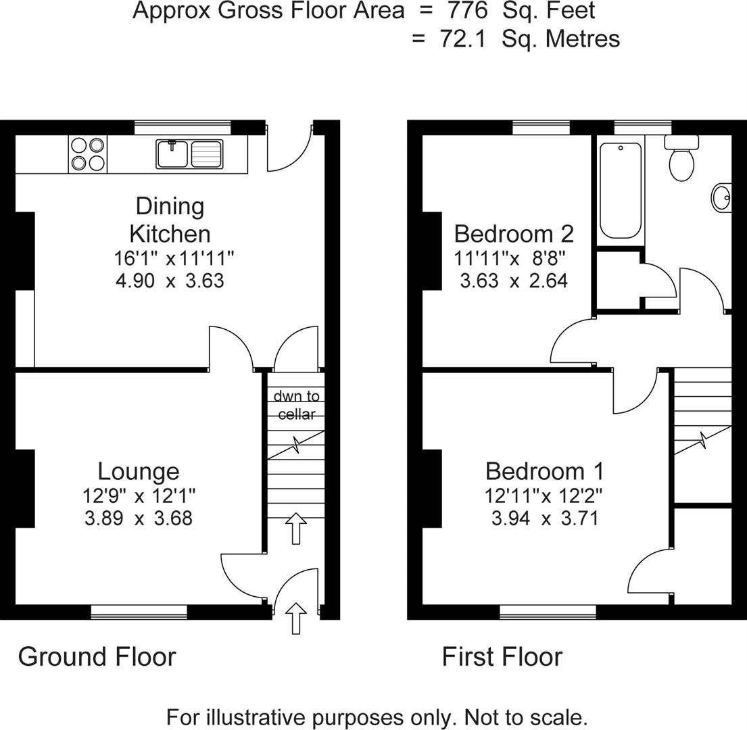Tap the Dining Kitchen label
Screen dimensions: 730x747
tap(170, 220)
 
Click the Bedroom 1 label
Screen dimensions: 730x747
tap(544, 471)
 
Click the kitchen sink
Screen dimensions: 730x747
tap(189, 153)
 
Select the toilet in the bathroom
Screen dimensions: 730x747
tap(681, 160)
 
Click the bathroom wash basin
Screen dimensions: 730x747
tap(721, 198)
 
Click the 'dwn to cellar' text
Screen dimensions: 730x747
tap(296, 405)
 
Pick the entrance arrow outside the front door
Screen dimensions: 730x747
tap(296, 618)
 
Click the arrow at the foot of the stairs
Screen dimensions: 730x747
tap(295, 528)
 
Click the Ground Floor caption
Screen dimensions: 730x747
tap(97, 656)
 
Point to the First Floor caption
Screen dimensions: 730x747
tap(502, 656)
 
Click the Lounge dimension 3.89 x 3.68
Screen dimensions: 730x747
tap(139, 518)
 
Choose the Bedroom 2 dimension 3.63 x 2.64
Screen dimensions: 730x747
tap(513, 281)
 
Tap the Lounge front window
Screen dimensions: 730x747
tap(139, 612)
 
